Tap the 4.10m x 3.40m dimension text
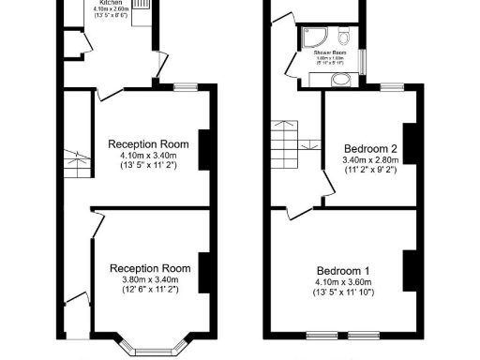149,155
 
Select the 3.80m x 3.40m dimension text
149,278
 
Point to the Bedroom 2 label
370,149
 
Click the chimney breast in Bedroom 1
410,269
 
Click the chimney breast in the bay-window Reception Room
203,271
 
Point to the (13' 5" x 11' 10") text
342,292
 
